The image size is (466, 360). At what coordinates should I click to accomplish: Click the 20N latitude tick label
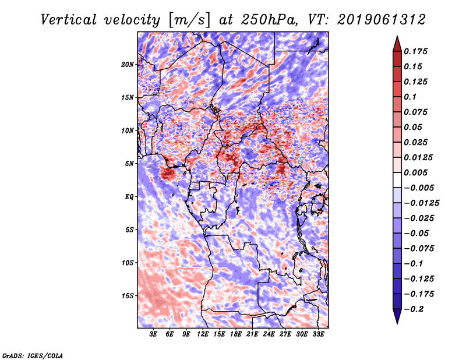click(x=127, y=65)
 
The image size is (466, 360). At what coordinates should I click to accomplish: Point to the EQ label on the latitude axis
click(x=129, y=197)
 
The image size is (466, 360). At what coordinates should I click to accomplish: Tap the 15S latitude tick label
click(x=128, y=296)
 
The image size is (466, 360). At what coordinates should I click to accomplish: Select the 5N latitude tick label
click(x=129, y=164)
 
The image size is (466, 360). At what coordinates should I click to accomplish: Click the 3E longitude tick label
click(x=153, y=334)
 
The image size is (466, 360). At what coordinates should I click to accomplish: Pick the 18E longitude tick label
click(x=236, y=334)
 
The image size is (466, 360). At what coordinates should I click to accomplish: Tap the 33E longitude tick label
click(x=318, y=334)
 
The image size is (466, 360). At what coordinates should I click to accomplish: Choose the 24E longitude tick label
click(x=269, y=334)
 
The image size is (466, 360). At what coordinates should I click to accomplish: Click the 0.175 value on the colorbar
click(x=415, y=51)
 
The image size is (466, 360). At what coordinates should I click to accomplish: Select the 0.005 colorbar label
click(x=415, y=172)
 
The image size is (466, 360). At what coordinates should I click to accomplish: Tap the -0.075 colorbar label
click(x=419, y=249)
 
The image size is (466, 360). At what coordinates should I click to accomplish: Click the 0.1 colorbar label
click(x=410, y=97)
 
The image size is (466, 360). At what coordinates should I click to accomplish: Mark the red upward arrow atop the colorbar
click(x=397, y=44)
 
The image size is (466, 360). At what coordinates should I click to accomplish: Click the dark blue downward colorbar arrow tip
click(x=397, y=323)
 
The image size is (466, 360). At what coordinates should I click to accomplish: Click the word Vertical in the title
click(x=69, y=20)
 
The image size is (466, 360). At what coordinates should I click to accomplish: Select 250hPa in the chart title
click(x=269, y=20)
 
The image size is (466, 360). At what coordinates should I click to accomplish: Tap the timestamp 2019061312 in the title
click(x=382, y=20)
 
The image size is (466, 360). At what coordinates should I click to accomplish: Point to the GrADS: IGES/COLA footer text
click(x=33, y=356)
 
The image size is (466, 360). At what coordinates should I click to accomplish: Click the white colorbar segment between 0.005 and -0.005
click(x=397, y=180)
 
